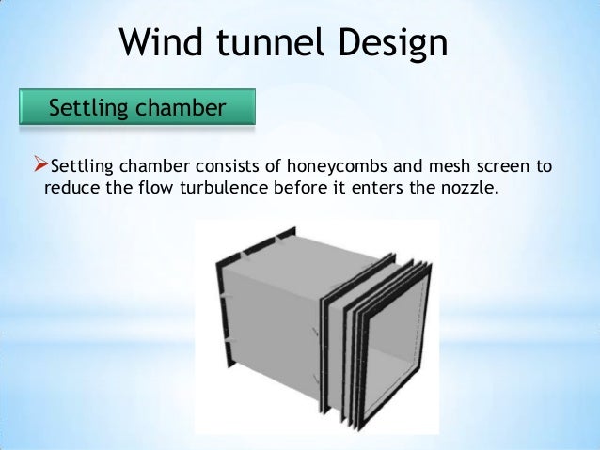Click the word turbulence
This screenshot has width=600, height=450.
tap(221, 188)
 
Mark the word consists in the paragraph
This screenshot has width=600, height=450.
tap(230, 168)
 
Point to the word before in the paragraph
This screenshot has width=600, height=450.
tap(306, 188)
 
